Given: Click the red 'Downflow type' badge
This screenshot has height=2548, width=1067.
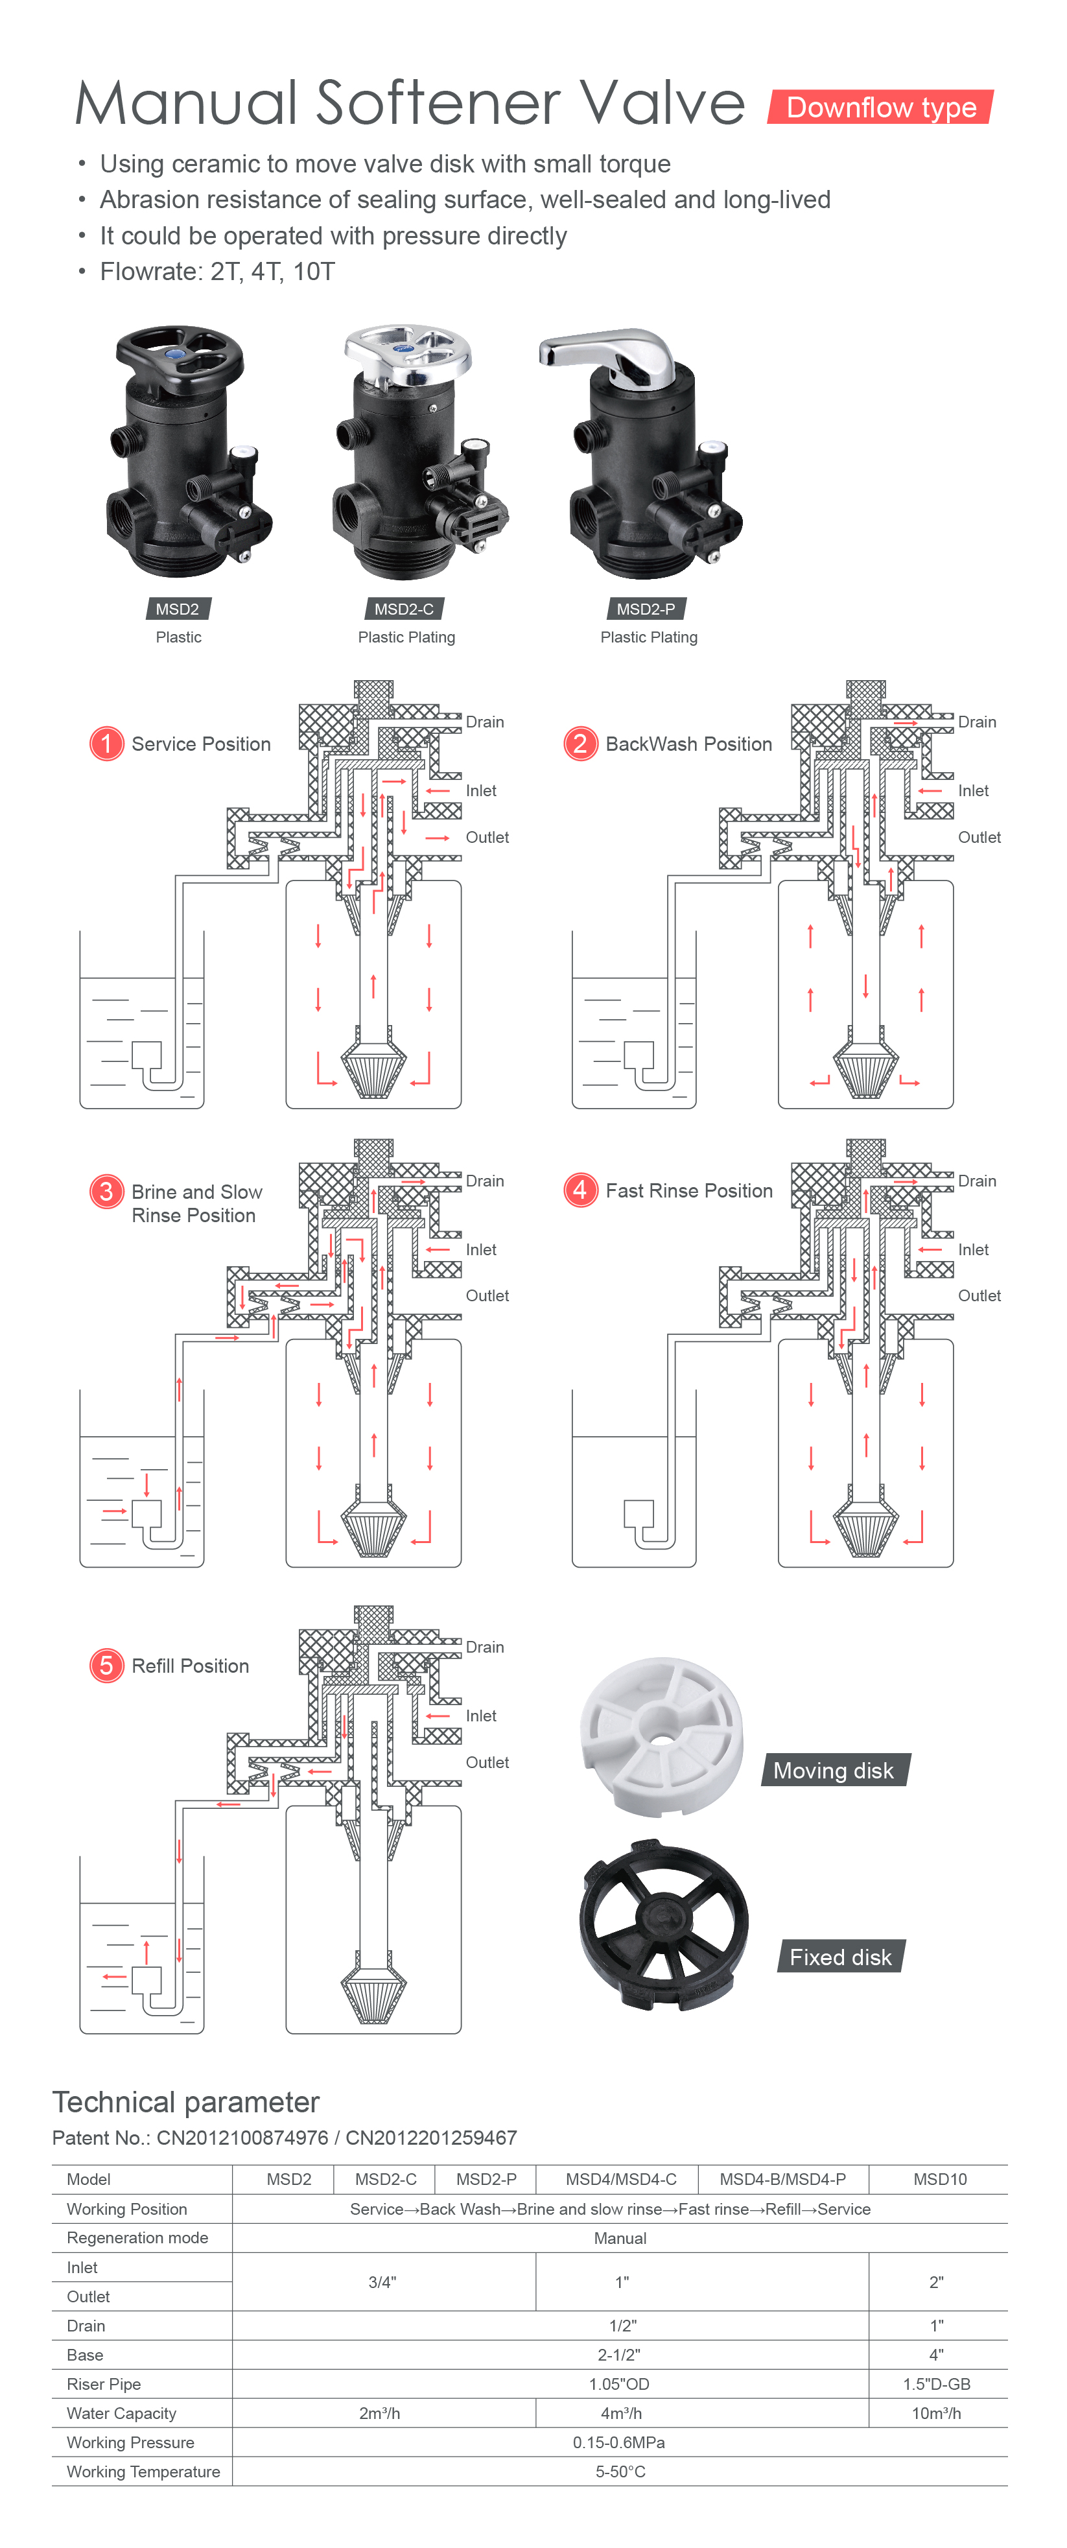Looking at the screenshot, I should (x=880, y=107).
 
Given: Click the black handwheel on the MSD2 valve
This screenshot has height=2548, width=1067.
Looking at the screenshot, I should (x=179, y=356).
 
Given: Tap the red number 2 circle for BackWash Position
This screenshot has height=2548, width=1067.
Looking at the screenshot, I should (x=580, y=743).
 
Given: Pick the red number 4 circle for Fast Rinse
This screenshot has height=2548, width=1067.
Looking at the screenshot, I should (x=580, y=1190).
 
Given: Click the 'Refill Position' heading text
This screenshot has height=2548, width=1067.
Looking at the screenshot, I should (x=190, y=1666).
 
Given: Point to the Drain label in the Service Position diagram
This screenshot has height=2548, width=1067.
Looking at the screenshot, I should (x=484, y=722).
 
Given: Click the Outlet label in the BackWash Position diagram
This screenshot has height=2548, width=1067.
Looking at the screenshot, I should (x=979, y=837).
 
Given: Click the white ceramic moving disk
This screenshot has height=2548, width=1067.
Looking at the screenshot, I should (x=661, y=1736).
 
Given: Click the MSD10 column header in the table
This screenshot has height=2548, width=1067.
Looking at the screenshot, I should (x=939, y=2179).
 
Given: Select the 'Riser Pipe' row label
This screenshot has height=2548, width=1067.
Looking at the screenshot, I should (x=104, y=2384).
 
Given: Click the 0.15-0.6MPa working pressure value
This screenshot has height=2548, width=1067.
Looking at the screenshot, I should (x=619, y=2442).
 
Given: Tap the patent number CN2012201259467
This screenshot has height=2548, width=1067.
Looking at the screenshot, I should (x=431, y=2138).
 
